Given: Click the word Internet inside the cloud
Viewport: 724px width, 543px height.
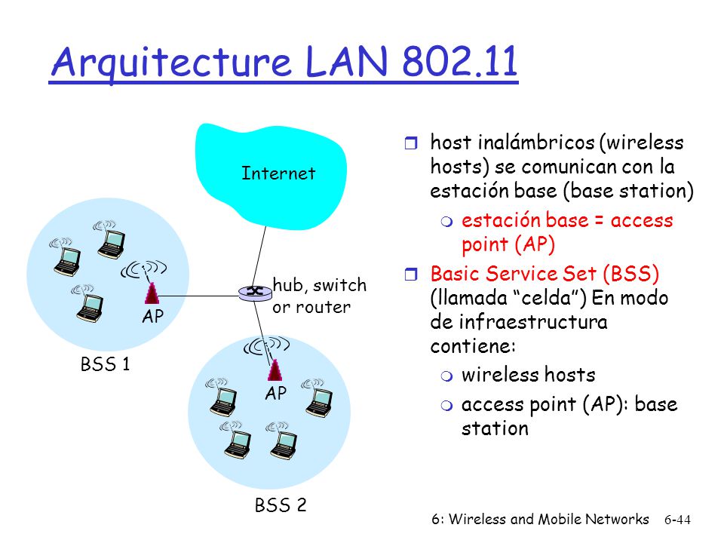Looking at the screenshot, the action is [x=278, y=173].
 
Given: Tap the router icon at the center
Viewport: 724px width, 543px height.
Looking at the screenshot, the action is [x=255, y=293].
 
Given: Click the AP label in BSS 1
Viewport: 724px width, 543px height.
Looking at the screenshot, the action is [x=153, y=317].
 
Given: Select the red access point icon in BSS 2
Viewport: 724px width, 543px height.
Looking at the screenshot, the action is [x=275, y=370].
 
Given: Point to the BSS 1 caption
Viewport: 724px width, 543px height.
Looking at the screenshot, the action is [x=105, y=364].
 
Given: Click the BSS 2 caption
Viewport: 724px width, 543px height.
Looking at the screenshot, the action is [x=281, y=505].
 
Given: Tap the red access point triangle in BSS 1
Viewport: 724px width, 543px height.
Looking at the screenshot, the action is [x=152, y=293].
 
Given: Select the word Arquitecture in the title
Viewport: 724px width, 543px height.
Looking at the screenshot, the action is [x=171, y=63].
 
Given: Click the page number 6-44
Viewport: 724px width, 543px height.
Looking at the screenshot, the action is [x=677, y=520].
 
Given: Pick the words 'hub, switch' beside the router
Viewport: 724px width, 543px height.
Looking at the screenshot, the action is [x=320, y=285].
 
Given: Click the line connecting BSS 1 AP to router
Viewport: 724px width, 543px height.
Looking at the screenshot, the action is [x=199, y=296].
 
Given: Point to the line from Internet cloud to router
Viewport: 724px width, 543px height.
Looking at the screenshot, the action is [x=259, y=256].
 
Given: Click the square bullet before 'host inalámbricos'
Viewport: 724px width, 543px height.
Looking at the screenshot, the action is [x=410, y=143].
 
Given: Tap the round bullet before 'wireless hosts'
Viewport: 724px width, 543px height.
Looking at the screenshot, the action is [x=446, y=376].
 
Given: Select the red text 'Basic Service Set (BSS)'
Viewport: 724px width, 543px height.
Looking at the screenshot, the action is [x=545, y=274].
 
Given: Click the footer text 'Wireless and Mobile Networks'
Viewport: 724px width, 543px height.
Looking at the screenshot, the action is [x=548, y=519].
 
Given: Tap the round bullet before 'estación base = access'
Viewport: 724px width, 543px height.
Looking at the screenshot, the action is [x=446, y=222].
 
